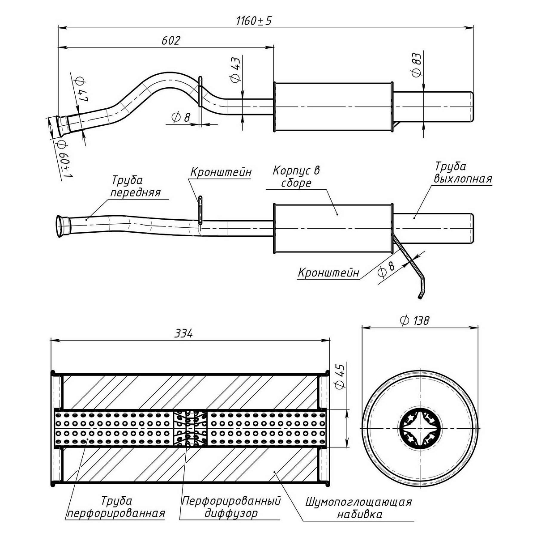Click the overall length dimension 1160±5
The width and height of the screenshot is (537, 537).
(254, 21)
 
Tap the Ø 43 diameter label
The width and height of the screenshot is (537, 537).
(236, 70)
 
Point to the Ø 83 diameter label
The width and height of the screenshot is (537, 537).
(416, 65)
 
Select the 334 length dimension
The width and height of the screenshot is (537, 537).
(183, 334)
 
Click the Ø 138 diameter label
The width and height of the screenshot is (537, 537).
(415, 320)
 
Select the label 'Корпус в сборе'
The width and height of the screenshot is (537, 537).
(296, 177)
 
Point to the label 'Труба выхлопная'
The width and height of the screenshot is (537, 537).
(463, 173)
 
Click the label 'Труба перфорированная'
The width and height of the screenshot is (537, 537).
(116, 507)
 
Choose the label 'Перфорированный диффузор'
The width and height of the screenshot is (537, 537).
(231, 507)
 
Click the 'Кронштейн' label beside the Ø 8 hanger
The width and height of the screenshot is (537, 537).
(328, 273)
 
